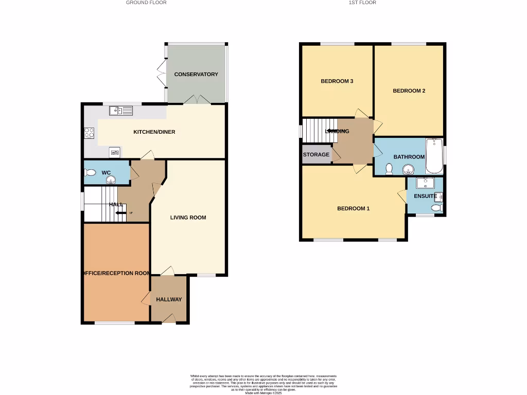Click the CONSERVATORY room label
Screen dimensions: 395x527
tap(196, 75)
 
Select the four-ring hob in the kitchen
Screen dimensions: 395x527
tap(89, 133)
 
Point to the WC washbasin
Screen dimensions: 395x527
tap(110, 179)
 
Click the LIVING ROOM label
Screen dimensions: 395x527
tap(188, 218)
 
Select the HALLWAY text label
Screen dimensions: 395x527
tap(169, 299)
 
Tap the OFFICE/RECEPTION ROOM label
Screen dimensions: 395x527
tap(117, 273)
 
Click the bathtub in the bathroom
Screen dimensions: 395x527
tap(434, 156)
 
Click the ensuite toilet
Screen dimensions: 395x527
tap(436, 208)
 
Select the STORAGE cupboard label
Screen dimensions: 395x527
tap(316, 155)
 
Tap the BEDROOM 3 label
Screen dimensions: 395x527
tap(337, 81)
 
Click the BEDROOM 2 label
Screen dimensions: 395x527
tap(409, 91)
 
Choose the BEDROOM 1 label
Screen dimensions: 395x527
tap(353, 209)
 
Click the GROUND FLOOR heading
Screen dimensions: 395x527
tap(146, 3)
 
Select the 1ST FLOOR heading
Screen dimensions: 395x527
tap(362, 3)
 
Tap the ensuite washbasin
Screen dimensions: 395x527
tap(425, 182)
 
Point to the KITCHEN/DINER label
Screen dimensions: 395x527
tap(154, 132)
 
